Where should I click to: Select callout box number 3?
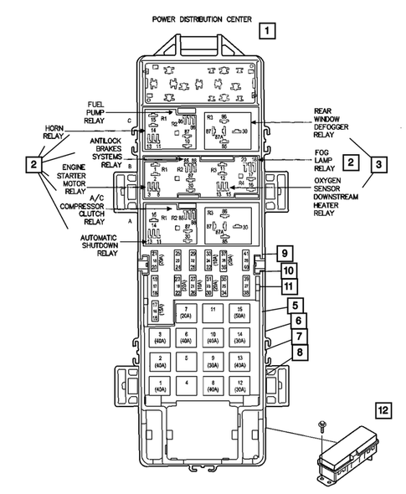(x=380, y=163)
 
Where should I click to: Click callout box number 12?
(x=383, y=410)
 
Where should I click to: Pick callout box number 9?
(x=284, y=253)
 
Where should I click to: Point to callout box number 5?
(x=296, y=305)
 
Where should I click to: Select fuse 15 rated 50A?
(x=240, y=314)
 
